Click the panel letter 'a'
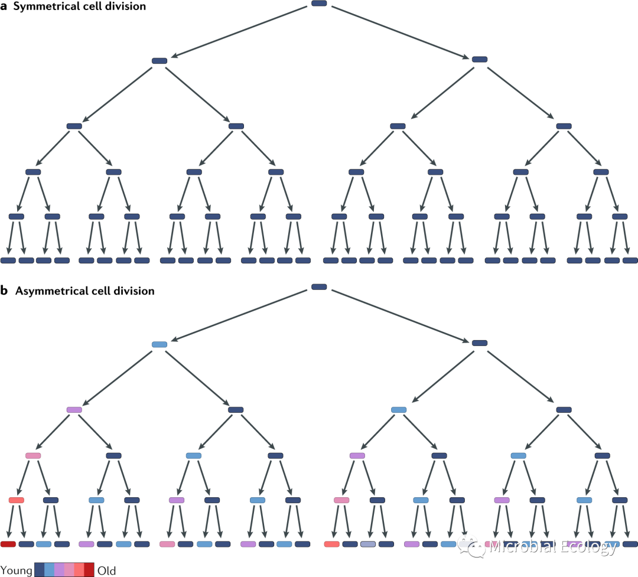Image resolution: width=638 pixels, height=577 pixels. point(4,8)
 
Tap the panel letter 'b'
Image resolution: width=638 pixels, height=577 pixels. point(4,291)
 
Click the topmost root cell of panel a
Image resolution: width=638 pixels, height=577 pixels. point(319,4)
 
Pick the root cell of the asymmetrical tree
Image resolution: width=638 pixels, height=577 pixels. point(319,287)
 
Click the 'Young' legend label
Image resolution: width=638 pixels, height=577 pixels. point(16,571)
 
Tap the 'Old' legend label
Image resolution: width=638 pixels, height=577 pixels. point(106,571)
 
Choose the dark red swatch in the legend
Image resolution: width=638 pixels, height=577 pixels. point(89,570)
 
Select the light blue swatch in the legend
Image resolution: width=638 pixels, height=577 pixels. point(50,570)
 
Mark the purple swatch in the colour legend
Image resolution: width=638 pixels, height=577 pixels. point(59,570)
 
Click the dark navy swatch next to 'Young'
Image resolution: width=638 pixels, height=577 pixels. point(40,570)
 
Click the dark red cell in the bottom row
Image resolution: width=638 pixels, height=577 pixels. point(8,544)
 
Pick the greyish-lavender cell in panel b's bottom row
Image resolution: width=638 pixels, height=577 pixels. point(367,544)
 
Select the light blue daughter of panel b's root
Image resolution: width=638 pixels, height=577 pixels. point(159,344)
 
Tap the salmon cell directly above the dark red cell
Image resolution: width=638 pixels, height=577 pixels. point(17,500)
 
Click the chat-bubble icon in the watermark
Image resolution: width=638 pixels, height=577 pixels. point(474,548)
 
